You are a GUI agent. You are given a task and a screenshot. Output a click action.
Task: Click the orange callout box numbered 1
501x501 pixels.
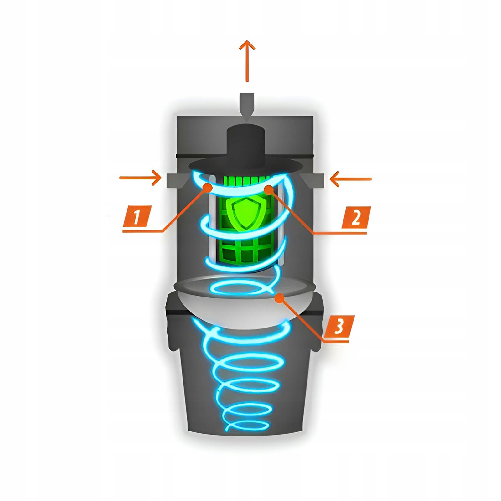click(137, 216)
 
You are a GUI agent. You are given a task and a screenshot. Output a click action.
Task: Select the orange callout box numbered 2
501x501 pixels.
click(356, 217)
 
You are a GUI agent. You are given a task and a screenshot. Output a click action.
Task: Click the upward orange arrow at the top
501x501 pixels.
click(247, 61)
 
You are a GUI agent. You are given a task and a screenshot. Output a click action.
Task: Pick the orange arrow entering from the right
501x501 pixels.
click(351, 179)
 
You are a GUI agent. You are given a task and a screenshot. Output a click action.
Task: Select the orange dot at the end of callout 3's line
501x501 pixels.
click(279, 298)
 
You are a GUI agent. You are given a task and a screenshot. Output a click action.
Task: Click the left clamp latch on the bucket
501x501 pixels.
click(172, 338)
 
